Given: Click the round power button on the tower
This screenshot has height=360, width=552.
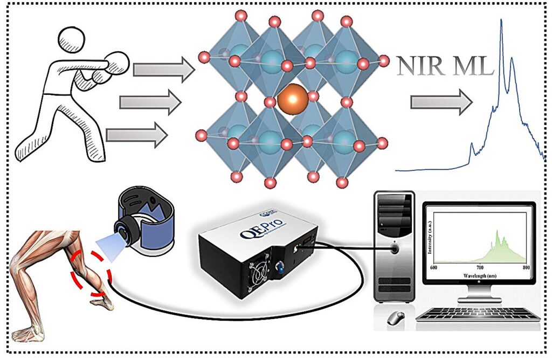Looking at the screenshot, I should coord(395,249).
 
